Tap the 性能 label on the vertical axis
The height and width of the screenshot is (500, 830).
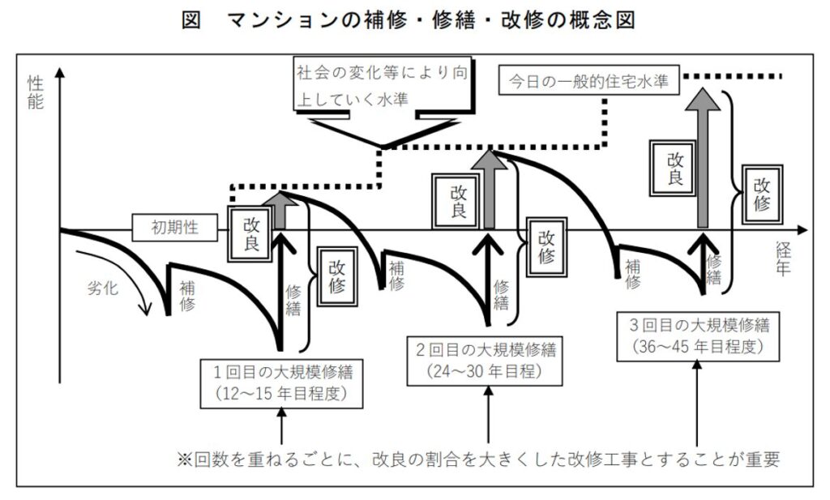point(35,95)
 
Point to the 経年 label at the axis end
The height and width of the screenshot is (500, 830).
point(782,260)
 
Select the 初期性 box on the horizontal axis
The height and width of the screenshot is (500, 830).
point(176,229)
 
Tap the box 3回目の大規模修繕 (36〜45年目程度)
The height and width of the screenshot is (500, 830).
point(699,335)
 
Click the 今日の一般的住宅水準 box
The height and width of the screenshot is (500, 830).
point(588,82)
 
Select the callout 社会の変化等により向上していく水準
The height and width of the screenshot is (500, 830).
point(381,85)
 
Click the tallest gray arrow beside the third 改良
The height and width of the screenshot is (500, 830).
point(706,154)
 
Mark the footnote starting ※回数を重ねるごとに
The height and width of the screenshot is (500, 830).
point(478,459)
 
